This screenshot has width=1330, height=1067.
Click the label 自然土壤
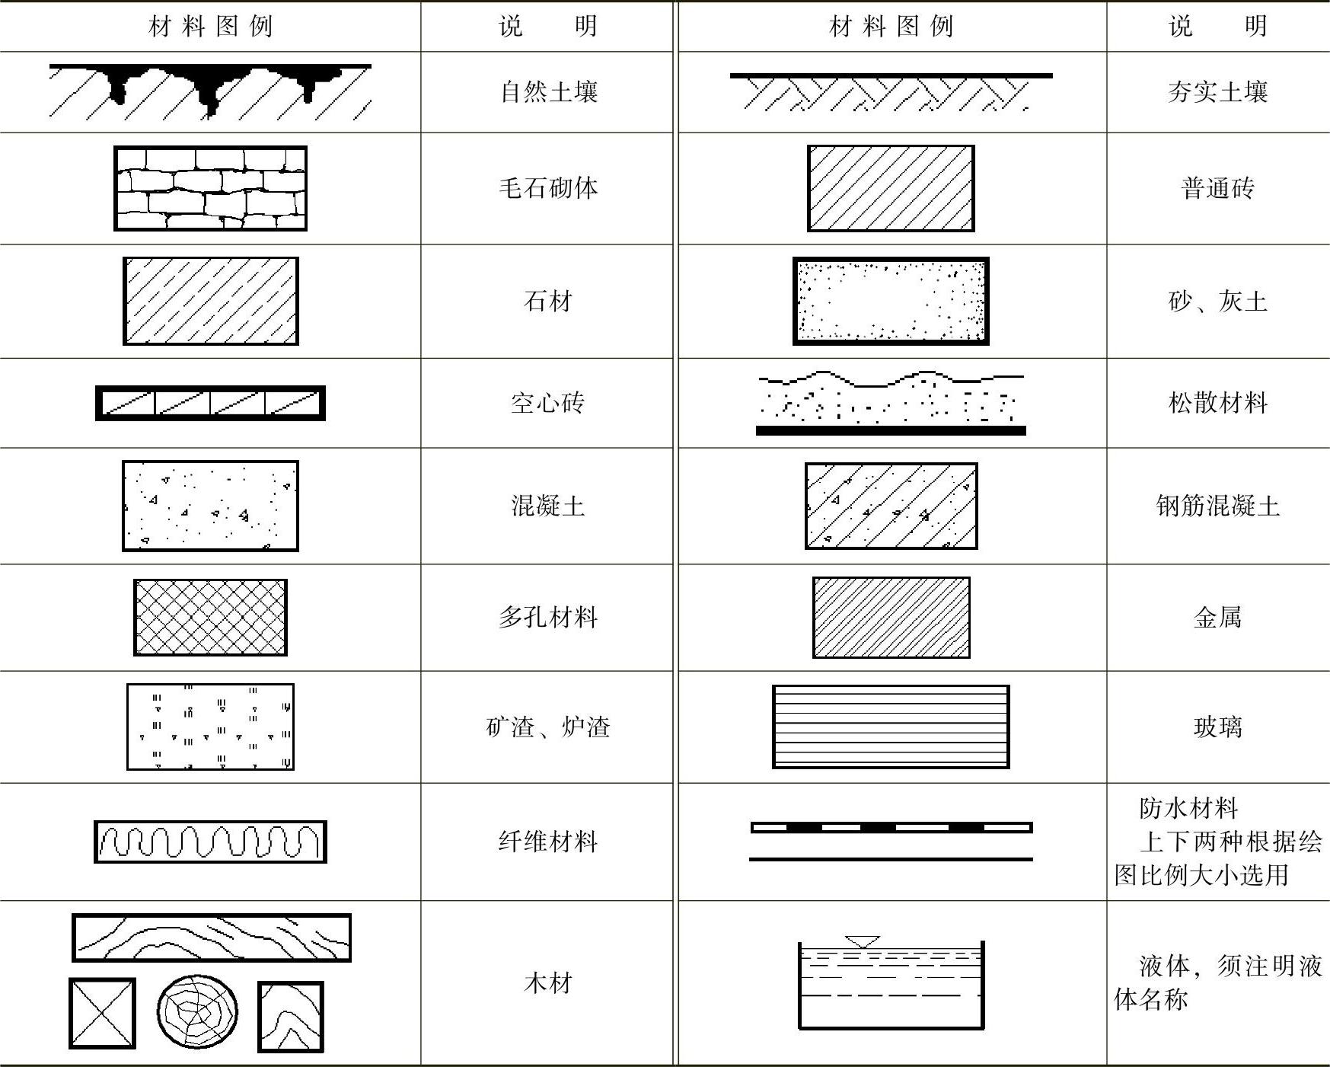click(548, 92)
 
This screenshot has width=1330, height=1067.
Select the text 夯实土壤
click(1217, 92)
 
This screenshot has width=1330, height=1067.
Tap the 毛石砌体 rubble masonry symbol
click(210, 188)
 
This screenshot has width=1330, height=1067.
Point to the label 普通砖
click(1217, 188)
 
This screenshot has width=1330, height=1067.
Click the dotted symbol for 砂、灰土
click(891, 301)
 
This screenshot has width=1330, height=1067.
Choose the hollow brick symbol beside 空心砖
click(210, 403)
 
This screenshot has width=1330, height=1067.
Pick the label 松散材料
click(1217, 402)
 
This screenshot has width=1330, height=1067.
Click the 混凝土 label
click(548, 506)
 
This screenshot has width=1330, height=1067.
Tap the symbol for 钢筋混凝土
click(891, 506)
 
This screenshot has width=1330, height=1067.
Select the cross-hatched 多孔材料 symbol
click(210, 618)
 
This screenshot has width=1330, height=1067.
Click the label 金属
click(1217, 618)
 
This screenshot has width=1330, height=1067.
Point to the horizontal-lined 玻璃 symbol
click(891, 727)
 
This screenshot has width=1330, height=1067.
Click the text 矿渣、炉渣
click(548, 727)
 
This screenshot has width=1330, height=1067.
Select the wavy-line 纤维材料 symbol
click(210, 842)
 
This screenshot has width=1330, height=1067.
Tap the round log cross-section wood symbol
click(197, 1012)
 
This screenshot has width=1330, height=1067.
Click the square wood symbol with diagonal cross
click(102, 1013)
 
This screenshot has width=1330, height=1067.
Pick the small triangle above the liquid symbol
click(862, 942)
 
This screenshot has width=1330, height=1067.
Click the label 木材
click(548, 983)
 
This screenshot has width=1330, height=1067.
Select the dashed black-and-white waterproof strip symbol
click(891, 827)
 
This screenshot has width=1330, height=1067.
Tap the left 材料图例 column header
click(210, 27)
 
